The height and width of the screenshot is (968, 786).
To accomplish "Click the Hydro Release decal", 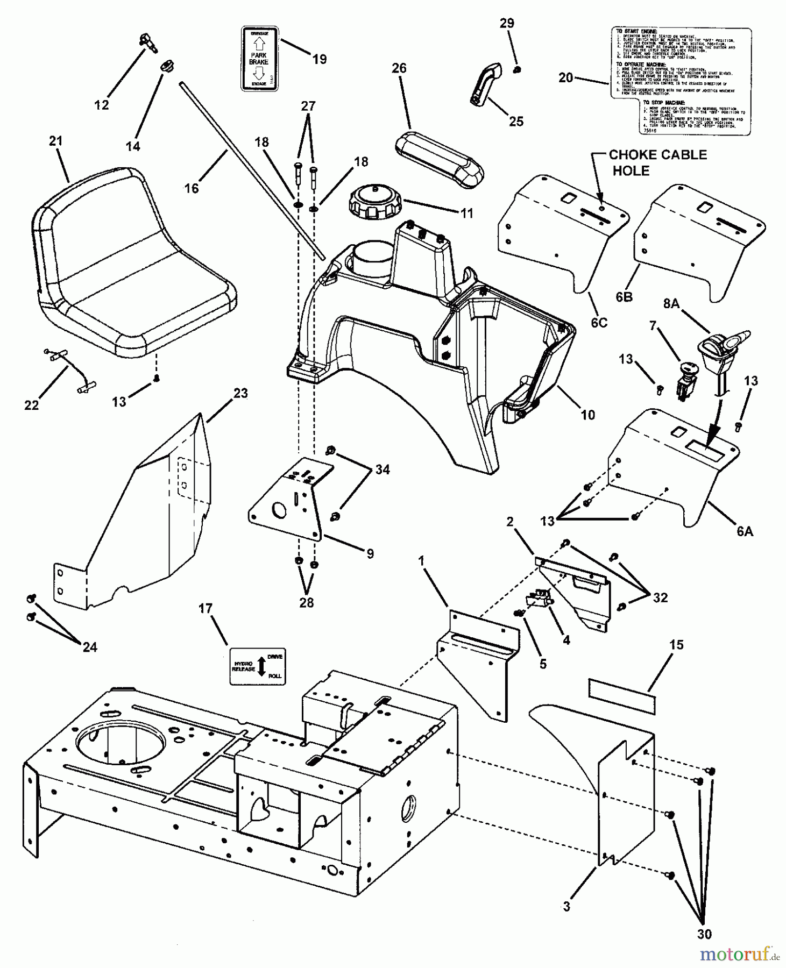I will click(257, 666).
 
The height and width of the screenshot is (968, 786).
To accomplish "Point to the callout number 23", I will click(240, 393).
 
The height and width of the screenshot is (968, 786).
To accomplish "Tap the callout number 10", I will click(588, 415).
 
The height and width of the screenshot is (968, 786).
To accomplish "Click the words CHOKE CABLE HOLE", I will click(657, 162).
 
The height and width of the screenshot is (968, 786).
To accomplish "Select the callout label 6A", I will click(745, 531).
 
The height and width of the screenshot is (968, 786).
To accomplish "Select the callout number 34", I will click(383, 469).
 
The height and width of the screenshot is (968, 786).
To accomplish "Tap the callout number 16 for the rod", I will click(192, 188).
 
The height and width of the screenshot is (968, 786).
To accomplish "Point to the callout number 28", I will click(306, 602).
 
